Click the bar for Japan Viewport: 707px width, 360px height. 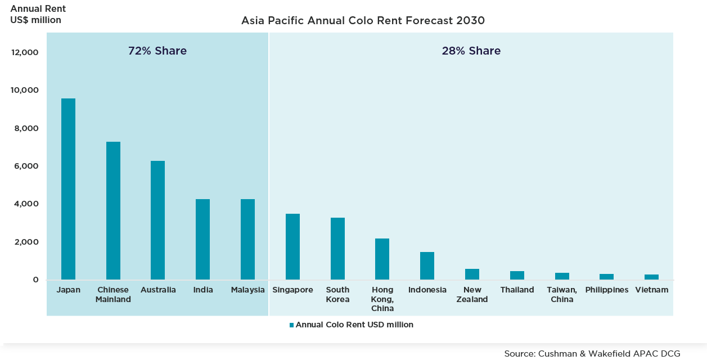pyautogui.click(x=68, y=189)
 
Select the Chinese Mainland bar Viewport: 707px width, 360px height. pyautogui.click(x=113, y=210)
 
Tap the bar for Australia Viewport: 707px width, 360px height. pyautogui.click(x=158, y=220)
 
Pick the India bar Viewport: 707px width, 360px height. pyautogui.click(x=202, y=239)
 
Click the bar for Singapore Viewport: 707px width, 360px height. pyautogui.click(x=292, y=246)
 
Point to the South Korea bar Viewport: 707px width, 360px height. pyautogui.click(x=337, y=249)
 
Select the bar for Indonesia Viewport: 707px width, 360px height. pyautogui.click(x=427, y=265)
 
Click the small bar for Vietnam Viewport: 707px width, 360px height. pyautogui.click(x=651, y=277)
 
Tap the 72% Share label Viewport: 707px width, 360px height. pyautogui.click(x=157, y=51)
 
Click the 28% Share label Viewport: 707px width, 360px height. pyautogui.click(x=471, y=51)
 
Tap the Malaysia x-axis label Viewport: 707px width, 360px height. pyautogui.click(x=247, y=290)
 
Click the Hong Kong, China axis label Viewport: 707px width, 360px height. pyautogui.click(x=382, y=299)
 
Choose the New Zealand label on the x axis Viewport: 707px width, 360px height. pyautogui.click(x=472, y=294)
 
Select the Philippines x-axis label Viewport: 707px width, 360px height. pyautogui.click(x=606, y=290)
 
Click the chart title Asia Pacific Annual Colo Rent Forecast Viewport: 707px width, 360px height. pyautogui.click(x=363, y=21)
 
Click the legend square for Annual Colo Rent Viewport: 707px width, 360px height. pyautogui.click(x=291, y=325)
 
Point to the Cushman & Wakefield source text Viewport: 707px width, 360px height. pyautogui.click(x=592, y=353)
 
